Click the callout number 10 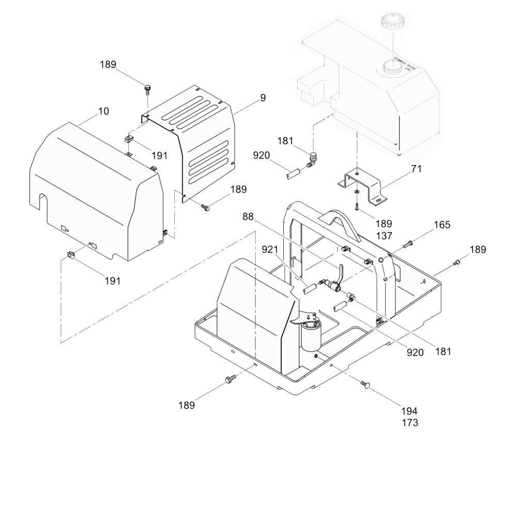pos(103,111)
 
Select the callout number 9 pos(263,98)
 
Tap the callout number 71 pos(416,169)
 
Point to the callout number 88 pos(248,217)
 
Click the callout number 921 pos(270,250)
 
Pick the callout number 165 pos(442,225)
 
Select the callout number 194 pos(409,411)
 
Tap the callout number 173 pos(410,423)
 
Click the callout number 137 pos(384,236)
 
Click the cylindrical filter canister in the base pos(310,336)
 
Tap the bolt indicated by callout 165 pos(408,244)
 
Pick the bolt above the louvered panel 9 pos(148,89)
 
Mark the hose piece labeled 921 pos(310,289)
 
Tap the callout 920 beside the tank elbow pos(261,155)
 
